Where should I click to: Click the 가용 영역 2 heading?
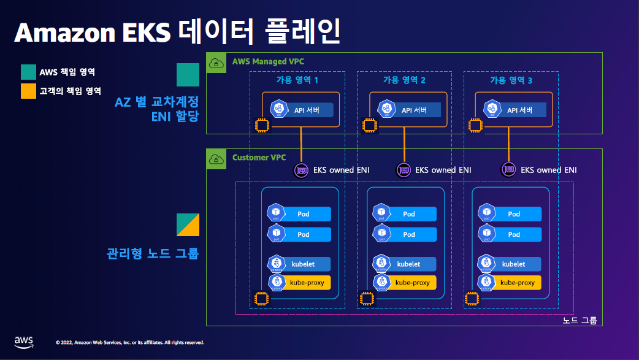pos(404,80)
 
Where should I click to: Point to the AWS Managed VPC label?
pos(268,61)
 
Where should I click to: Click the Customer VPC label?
pos(259,158)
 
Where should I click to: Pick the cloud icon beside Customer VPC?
pos(216,159)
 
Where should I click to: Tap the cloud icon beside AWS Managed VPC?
pos(216,63)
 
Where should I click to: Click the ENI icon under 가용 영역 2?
pos(403,170)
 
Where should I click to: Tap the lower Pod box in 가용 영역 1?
pos(300,234)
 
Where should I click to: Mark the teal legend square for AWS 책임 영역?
pos(28,72)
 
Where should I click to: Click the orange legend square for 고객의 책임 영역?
pos(28,91)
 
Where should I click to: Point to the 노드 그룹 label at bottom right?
pos(579,320)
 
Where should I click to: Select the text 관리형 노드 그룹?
pos(153,253)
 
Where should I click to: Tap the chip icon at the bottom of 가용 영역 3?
pos(472,299)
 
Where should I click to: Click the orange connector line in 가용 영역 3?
pos(509,145)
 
